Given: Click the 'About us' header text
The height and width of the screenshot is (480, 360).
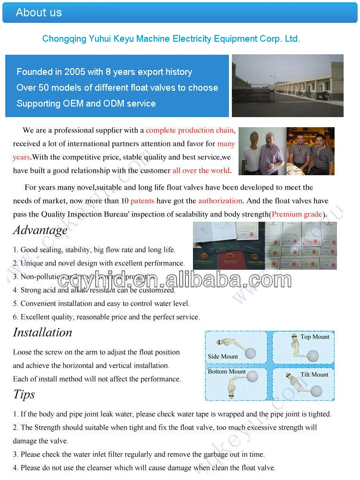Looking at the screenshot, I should (39, 12).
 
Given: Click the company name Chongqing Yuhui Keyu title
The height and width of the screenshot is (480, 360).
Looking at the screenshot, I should (171, 39).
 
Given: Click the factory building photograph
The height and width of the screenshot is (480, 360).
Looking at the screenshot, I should (288, 85).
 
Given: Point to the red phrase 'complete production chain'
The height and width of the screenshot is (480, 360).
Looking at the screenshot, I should (190, 131).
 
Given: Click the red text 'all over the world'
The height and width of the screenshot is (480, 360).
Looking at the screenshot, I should (201, 171).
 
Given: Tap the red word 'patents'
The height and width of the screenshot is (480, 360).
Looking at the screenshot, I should (142, 201).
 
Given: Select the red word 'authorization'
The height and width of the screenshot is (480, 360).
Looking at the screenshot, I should (220, 201).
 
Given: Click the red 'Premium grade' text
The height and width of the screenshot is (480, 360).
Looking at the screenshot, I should (297, 215).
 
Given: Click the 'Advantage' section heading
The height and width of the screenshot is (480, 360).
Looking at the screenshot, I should (40, 230).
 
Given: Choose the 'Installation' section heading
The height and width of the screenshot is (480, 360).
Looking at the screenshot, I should (42, 333).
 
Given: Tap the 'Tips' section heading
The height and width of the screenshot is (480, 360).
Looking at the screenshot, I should (24, 395).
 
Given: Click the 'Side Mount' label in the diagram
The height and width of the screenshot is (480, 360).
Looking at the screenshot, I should (223, 357).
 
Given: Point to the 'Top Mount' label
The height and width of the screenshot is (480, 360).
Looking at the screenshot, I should (315, 337).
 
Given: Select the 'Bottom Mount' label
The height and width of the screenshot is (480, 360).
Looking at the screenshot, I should (227, 372).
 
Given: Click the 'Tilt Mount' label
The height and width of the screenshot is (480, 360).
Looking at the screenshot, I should (314, 374).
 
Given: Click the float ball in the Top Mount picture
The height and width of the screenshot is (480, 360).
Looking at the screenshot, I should (313, 356).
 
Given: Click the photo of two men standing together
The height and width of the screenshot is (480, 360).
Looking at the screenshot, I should (262, 152).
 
